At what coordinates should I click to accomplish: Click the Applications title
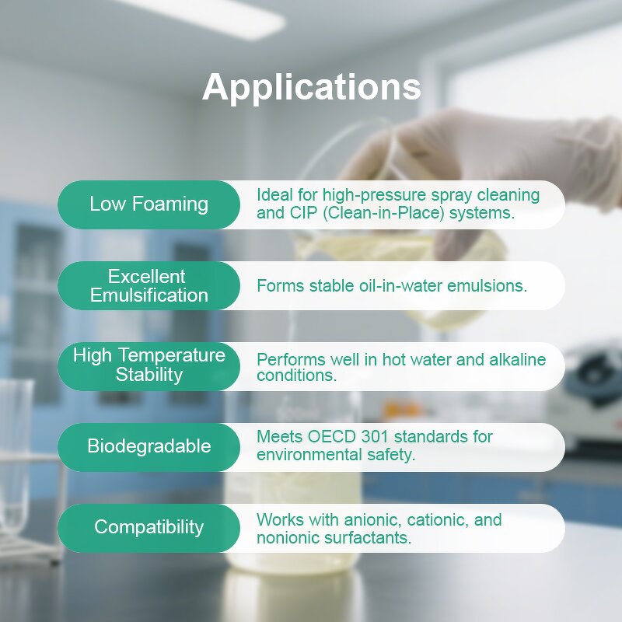311,87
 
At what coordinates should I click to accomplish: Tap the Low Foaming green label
149,204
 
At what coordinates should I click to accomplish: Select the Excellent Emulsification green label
149,285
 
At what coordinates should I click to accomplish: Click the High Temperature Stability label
149,365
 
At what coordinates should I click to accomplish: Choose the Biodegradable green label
149,446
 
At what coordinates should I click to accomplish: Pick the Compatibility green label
149,527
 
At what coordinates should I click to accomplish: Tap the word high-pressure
369,194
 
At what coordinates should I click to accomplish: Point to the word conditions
295,376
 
